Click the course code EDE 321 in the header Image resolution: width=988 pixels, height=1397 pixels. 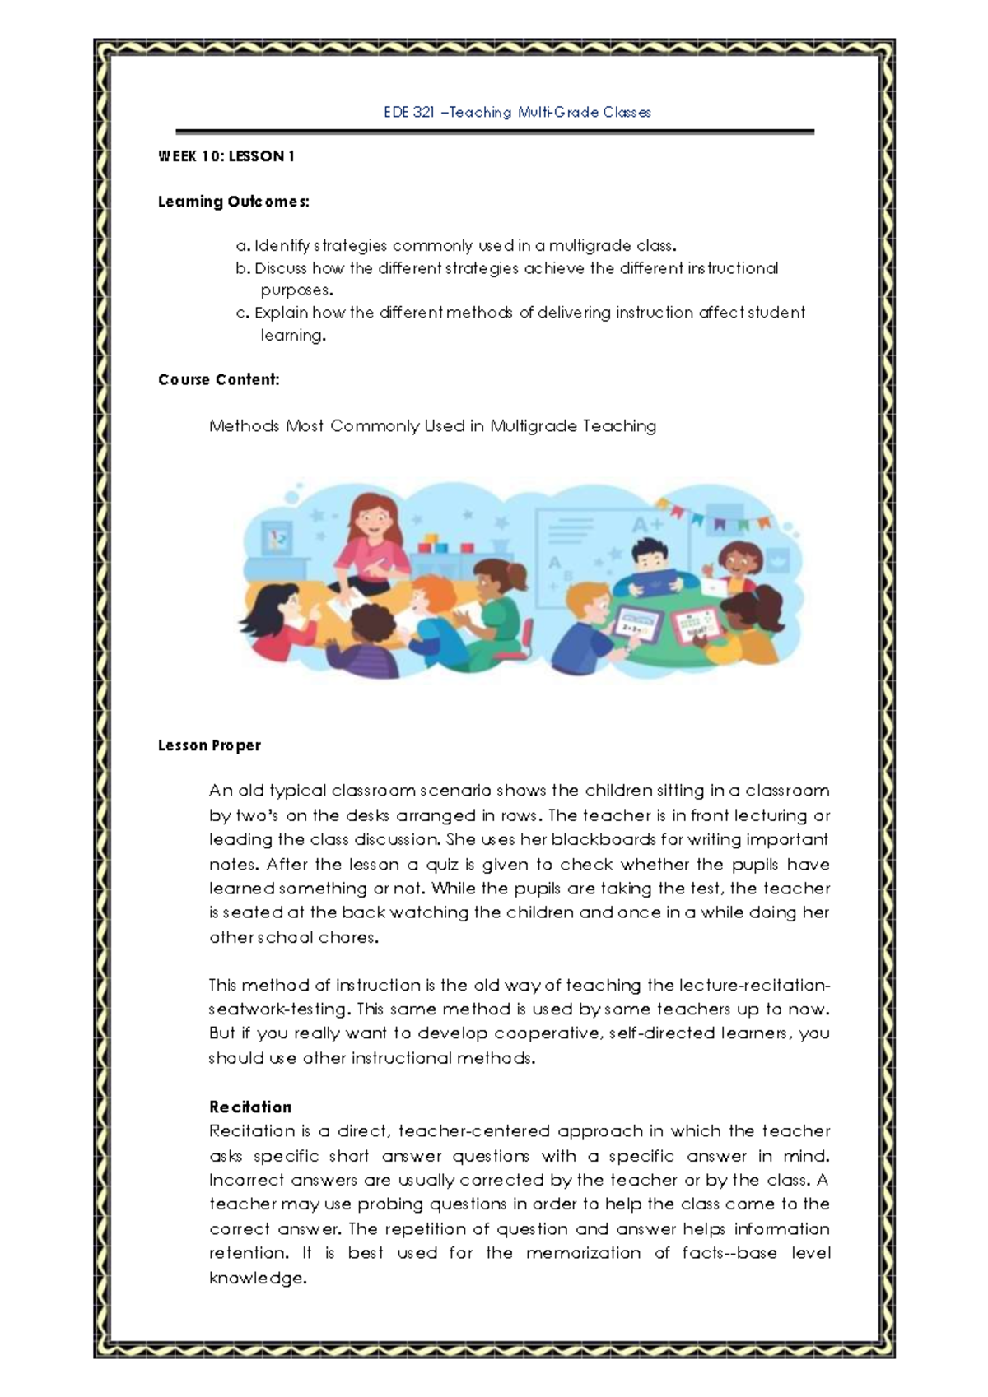point(409,112)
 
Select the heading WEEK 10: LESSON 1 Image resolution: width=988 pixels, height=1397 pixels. point(226,156)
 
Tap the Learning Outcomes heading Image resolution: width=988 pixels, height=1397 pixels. point(234,202)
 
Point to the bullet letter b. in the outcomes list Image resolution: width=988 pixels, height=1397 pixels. point(242,268)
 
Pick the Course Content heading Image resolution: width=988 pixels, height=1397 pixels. point(219,379)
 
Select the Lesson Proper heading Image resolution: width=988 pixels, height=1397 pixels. point(209,745)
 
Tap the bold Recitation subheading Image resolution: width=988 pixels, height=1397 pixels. point(250,1107)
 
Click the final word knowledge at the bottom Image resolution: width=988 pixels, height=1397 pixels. point(256,1279)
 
